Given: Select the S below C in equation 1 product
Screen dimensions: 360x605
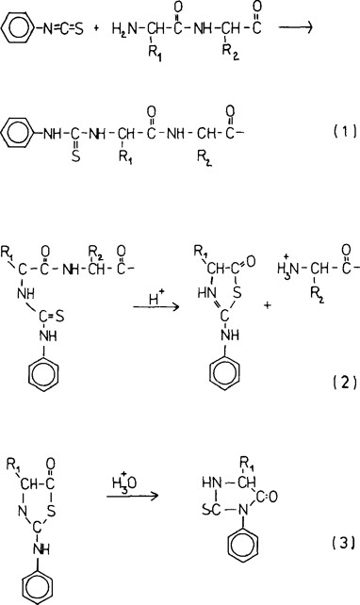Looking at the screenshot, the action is (74, 159).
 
